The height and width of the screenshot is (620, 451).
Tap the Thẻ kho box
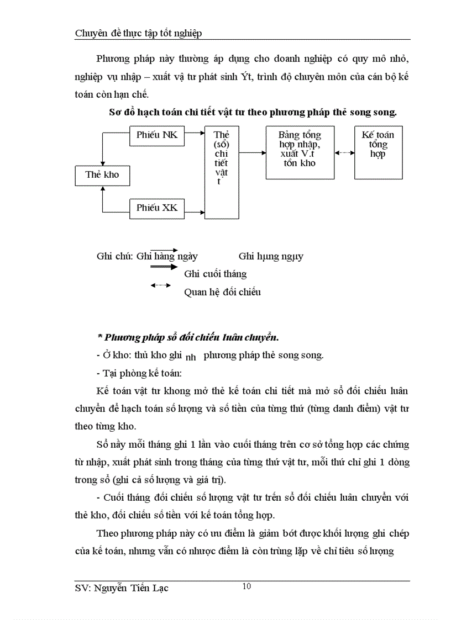[102, 175]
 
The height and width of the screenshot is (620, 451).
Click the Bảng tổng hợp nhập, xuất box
[300, 152]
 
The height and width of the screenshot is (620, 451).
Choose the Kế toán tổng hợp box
[378, 152]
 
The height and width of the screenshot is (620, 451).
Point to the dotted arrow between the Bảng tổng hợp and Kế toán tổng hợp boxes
[344, 154]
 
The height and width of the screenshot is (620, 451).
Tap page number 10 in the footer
[247, 586]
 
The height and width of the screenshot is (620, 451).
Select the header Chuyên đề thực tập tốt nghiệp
[138, 33]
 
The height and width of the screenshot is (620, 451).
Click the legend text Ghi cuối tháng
[215, 274]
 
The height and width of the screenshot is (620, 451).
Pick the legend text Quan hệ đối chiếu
[222, 292]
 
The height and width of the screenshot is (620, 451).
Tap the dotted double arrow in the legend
[160, 285]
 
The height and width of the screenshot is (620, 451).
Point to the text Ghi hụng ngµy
[271, 256]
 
